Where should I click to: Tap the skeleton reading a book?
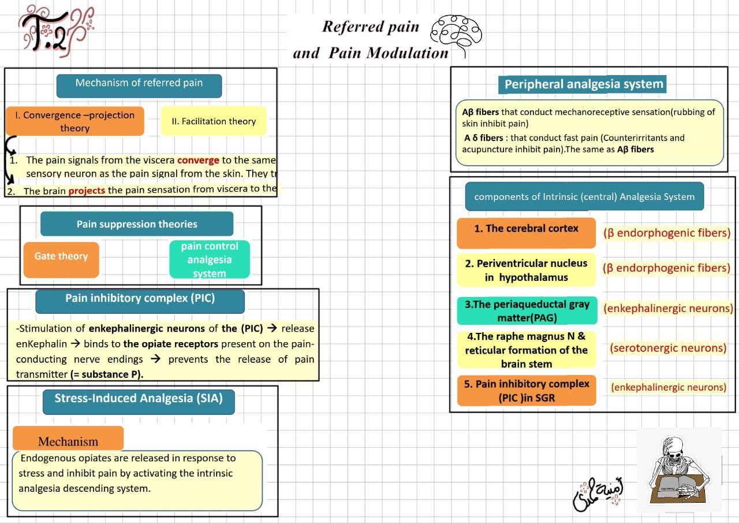click(679, 470)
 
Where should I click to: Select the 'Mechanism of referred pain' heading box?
click(139, 83)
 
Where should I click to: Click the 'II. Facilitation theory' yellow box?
click(213, 121)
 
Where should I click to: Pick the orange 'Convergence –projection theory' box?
click(74, 121)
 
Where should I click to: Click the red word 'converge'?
click(198, 160)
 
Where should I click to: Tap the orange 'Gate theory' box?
click(61, 257)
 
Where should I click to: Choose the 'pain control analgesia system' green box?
click(210, 259)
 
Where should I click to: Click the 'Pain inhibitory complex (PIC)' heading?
click(140, 299)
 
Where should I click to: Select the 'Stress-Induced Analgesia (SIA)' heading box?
click(139, 399)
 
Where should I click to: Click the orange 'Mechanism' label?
click(68, 441)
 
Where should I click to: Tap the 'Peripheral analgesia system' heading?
click(583, 84)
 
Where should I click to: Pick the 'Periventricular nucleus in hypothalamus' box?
click(526, 270)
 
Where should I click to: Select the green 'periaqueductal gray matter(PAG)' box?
click(526, 311)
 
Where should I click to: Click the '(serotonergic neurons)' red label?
click(668, 348)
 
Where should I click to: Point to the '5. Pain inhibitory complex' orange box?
click(526, 391)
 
